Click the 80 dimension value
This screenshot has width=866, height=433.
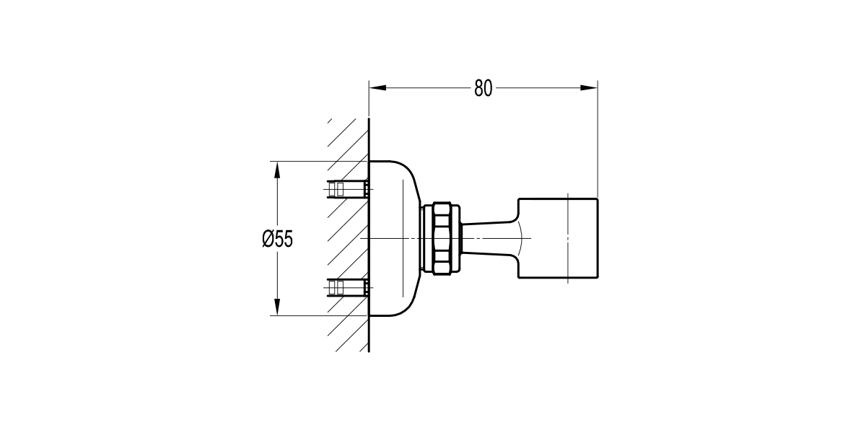click(x=483, y=89)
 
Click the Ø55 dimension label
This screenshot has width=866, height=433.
click(x=277, y=239)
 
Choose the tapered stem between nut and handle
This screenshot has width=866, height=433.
click(x=491, y=237)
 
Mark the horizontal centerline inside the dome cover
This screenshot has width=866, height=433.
click(x=390, y=238)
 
